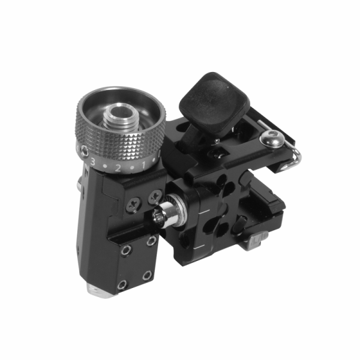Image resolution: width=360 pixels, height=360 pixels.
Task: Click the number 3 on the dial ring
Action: coord(92,161)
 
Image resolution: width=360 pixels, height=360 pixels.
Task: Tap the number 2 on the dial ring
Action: coord(118,168)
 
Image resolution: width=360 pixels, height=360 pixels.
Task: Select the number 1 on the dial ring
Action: coord(143,165)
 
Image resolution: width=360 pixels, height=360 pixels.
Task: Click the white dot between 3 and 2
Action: coord(104,166)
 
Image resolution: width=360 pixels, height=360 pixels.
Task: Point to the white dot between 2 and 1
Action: coord(132,168)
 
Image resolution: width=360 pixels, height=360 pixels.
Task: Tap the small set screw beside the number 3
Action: coord(85,151)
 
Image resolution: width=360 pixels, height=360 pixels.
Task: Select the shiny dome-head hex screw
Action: coord(272,138)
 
